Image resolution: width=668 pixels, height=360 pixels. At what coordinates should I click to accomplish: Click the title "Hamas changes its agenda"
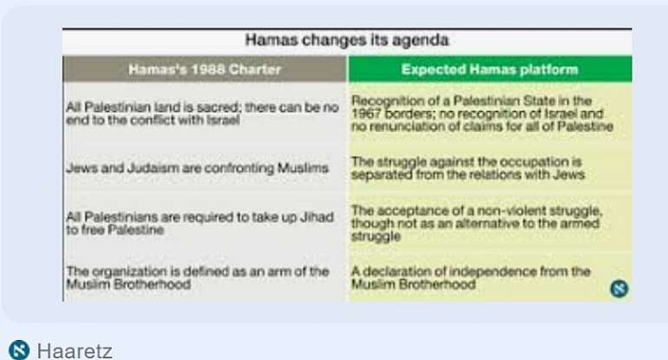tap(347, 40)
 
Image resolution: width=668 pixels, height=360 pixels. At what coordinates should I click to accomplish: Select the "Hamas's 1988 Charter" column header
tap(205, 69)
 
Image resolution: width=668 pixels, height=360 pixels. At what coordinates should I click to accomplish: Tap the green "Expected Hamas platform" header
tap(490, 69)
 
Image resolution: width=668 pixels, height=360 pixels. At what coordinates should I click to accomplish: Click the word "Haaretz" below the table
tap(75, 350)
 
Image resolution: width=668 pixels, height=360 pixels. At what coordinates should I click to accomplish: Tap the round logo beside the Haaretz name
tap(19, 350)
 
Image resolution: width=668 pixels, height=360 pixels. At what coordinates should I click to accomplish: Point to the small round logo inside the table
tap(619, 288)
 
